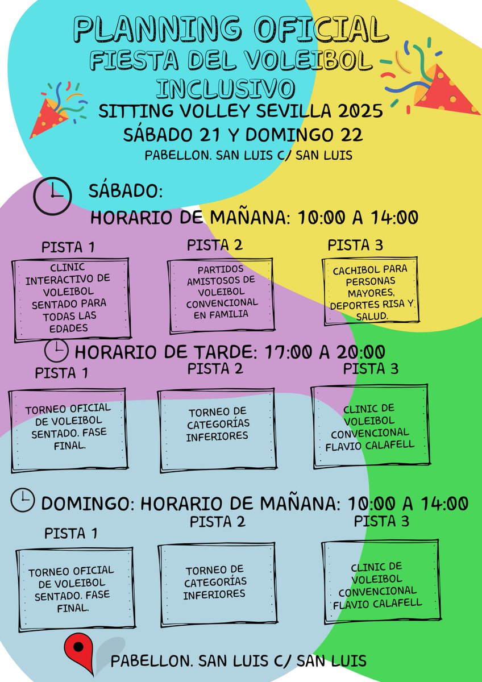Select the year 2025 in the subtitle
(359, 111)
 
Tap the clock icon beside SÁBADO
(52, 195)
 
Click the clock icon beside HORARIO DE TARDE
(56, 352)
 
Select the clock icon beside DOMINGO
(22, 500)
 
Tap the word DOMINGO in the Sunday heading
(87, 504)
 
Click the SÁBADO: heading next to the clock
(126, 190)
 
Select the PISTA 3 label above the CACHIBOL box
(355, 245)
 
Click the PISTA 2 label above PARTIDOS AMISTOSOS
(214, 244)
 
